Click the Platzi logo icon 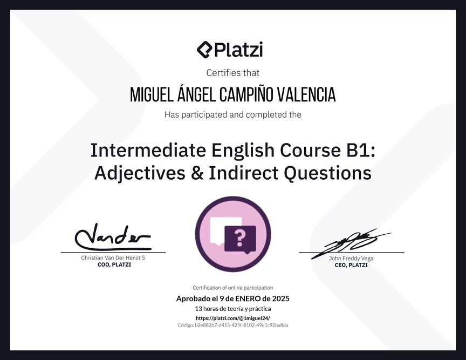205,50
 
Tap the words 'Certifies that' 232,73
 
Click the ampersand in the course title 197,173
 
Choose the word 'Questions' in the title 327,173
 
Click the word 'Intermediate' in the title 148,150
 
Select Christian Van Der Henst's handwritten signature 113,237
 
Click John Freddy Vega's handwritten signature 351,243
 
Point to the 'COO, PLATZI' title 114,264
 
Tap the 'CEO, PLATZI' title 351,265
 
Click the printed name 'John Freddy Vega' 351,258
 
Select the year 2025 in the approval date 281,298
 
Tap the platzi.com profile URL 233,318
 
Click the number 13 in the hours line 198,309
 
